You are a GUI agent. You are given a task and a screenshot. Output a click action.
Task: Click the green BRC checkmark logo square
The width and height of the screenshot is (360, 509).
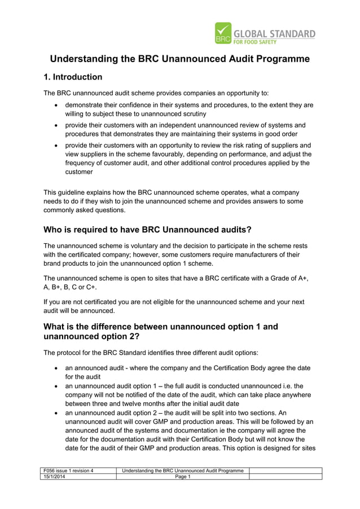(x=223, y=33)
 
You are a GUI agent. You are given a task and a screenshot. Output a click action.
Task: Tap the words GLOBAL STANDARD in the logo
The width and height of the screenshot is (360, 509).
(x=274, y=34)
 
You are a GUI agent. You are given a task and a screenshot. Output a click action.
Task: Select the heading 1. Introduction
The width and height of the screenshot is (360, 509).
(x=73, y=77)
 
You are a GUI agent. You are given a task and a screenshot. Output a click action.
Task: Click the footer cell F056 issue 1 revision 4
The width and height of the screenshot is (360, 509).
(x=68, y=471)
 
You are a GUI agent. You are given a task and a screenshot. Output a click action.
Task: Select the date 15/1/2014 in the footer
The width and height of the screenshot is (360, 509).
(x=55, y=477)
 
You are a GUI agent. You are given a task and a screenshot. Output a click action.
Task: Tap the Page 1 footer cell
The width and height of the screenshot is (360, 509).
(x=182, y=477)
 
